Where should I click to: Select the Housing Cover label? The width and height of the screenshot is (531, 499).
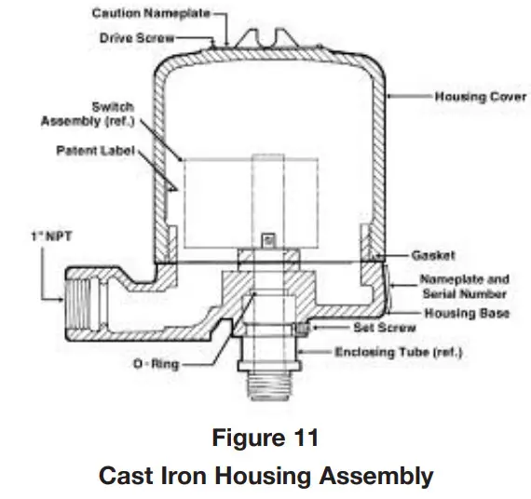(472, 96)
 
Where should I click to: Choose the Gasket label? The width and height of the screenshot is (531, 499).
(431, 253)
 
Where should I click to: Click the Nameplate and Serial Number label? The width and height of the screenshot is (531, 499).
(464, 286)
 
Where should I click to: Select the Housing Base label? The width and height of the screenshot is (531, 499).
(468, 314)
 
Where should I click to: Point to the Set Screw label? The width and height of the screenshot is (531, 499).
(377, 328)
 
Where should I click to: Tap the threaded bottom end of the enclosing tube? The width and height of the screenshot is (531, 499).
(270, 383)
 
